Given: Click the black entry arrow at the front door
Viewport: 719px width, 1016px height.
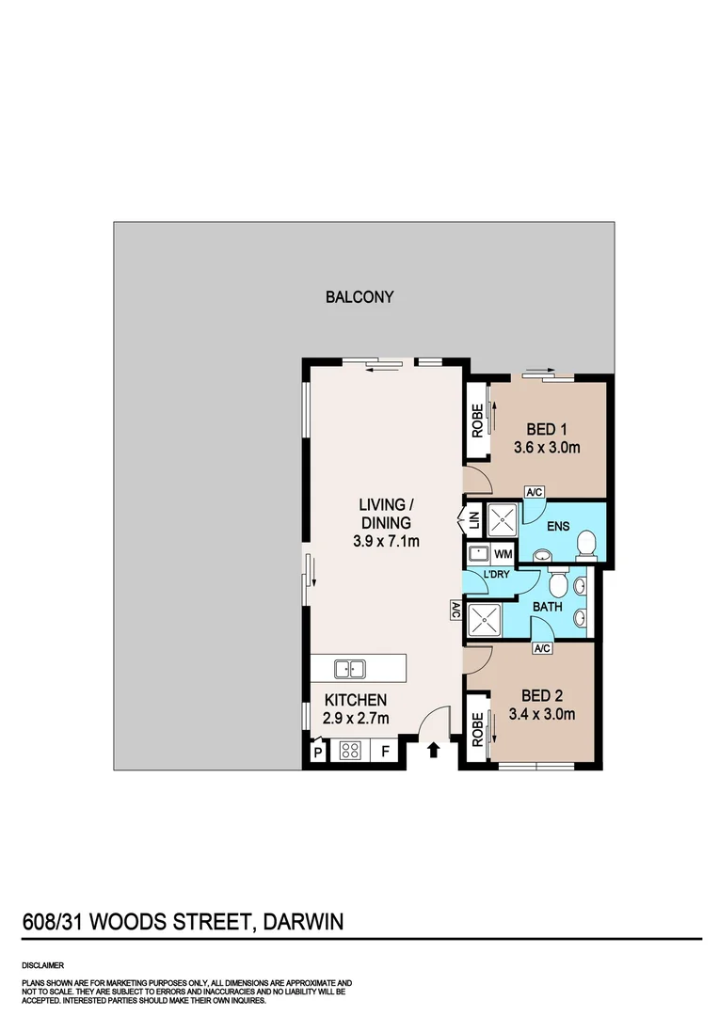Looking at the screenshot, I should tap(434, 750).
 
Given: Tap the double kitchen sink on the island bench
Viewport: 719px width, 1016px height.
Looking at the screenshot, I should tap(350, 669).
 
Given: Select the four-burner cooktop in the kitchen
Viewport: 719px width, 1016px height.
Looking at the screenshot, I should tap(350, 751).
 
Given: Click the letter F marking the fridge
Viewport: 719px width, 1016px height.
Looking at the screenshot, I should tap(384, 751).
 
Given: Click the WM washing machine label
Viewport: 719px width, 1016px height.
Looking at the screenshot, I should tap(503, 554).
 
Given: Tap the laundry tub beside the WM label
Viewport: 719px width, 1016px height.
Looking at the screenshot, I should tap(478, 554).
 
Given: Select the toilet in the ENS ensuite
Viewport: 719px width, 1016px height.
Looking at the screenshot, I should tap(586, 543).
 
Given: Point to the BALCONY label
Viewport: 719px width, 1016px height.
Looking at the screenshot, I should tap(359, 297).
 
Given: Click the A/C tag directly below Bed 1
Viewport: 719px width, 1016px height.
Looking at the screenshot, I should tap(535, 492).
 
